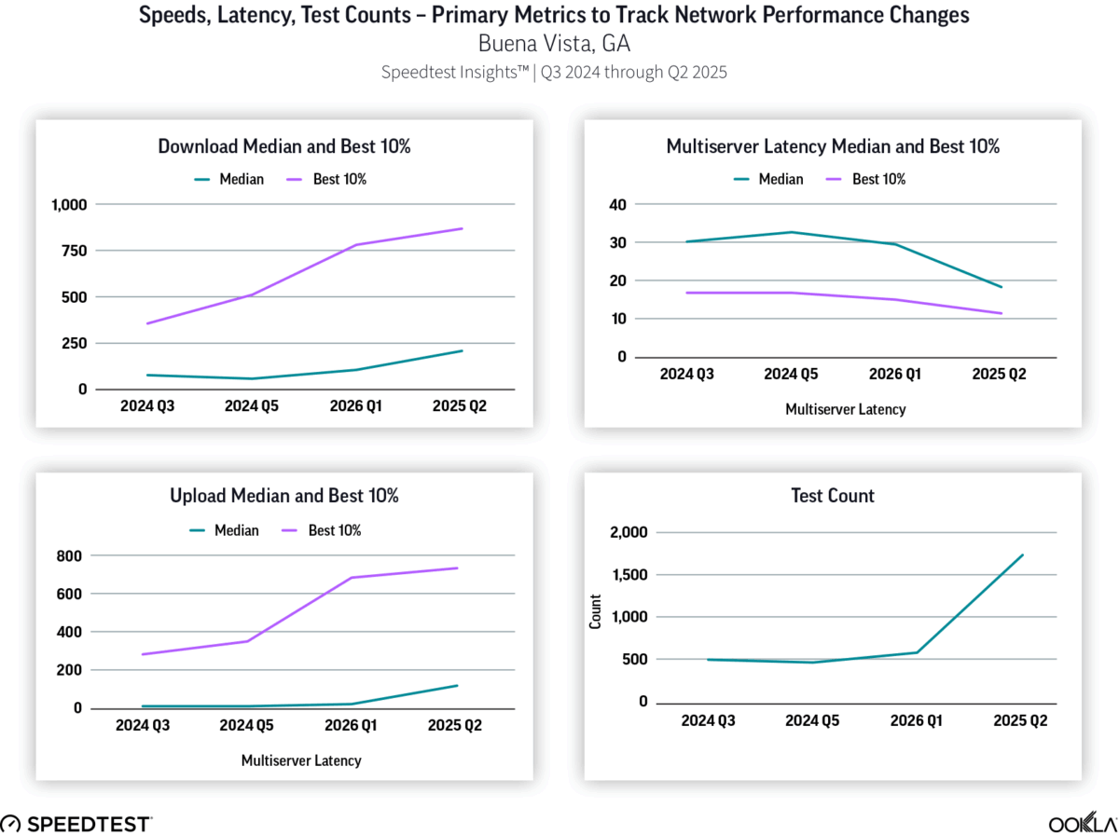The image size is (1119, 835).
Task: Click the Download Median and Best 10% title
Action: click(284, 146)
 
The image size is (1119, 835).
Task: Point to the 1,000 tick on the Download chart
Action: click(64, 204)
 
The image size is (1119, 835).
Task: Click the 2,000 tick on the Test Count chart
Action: click(627, 532)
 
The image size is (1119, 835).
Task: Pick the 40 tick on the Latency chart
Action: click(616, 204)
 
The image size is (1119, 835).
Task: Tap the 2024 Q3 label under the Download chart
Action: click(147, 406)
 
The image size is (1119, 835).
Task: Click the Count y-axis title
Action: click(595, 616)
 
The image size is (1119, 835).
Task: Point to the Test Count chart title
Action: click(833, 496)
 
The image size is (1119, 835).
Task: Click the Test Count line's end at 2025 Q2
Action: click(1024, 554)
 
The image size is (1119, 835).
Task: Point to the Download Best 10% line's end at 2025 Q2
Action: click(463, 228)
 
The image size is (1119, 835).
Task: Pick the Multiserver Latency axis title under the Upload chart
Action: click(300, 760)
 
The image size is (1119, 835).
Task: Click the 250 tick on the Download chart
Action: click(72, 343)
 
